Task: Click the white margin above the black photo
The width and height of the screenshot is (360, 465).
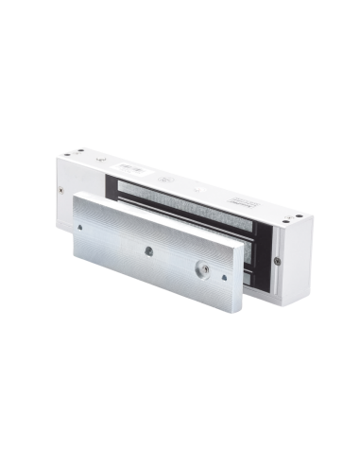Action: tap(180, 24)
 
